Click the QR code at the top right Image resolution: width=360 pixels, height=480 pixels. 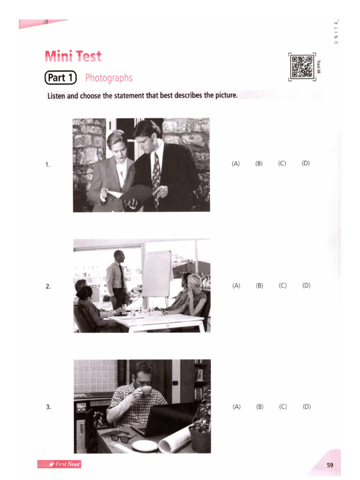click(301, 66)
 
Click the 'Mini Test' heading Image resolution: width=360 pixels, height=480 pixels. click(73, 57)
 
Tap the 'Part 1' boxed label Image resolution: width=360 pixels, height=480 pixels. click(60, 78)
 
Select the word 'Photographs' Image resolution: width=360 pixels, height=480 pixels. click(109, 78)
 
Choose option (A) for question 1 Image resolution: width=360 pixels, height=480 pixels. click(235, 164)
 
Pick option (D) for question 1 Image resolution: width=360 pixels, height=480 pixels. click(306, 164)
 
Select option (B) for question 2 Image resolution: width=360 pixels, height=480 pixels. click(259, 285)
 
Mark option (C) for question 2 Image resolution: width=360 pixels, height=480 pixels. click(282, 285)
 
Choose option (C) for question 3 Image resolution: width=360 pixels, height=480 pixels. click(283, 406)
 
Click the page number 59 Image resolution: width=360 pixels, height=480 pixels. click(330, 465)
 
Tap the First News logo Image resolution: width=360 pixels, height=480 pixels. click(59, 464)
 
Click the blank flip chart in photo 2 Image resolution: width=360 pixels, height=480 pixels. click(157, 273)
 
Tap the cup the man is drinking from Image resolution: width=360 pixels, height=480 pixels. click(146, 390)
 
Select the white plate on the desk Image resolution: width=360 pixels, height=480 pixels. click(144, 445)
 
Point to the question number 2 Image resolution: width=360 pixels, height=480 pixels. click(48, 286)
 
